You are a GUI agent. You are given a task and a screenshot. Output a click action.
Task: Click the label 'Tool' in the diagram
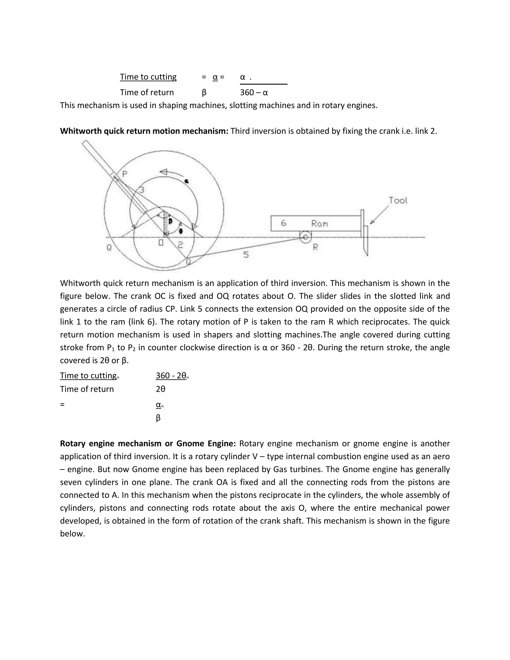click(398, 200)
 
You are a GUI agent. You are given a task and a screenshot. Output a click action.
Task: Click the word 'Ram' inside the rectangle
click(319, 224)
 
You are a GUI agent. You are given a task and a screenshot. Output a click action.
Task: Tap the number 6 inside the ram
click(283, 223)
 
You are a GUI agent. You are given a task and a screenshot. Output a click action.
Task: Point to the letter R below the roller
click(315, 247)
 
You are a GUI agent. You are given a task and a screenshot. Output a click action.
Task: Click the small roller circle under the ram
click(306, 237)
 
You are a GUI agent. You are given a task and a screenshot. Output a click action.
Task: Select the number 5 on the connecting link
click(246, 255)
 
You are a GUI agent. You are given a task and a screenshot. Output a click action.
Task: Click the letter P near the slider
click(125, 174)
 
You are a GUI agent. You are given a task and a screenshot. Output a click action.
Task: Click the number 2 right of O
click(180, 245)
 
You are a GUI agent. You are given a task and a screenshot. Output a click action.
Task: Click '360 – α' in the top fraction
click(254, 92)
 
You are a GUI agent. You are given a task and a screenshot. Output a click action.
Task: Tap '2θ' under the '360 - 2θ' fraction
click(160, 389)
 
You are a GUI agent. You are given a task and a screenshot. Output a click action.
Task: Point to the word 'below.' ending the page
click(72, 534)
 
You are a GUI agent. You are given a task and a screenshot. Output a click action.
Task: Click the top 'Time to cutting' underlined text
click(148, 77)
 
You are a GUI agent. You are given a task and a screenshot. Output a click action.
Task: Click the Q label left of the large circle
click(109, 248)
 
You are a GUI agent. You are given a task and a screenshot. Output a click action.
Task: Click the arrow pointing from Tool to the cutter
click(379, 215)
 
